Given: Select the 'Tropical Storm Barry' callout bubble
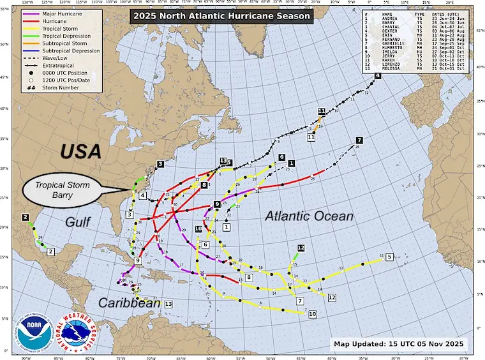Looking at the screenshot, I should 69,190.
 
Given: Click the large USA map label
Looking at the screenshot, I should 81,151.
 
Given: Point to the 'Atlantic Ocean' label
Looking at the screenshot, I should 309,216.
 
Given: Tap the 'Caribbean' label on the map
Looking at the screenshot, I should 129,303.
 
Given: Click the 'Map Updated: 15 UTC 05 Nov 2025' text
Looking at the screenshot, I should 400,344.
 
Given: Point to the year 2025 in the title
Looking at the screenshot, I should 161,15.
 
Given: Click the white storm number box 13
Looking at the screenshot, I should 168,304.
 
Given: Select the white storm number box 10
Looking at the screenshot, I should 313,313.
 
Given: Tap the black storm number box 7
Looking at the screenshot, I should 359,140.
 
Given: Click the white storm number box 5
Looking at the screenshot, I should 389,257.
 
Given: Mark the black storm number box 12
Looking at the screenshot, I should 301,248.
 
